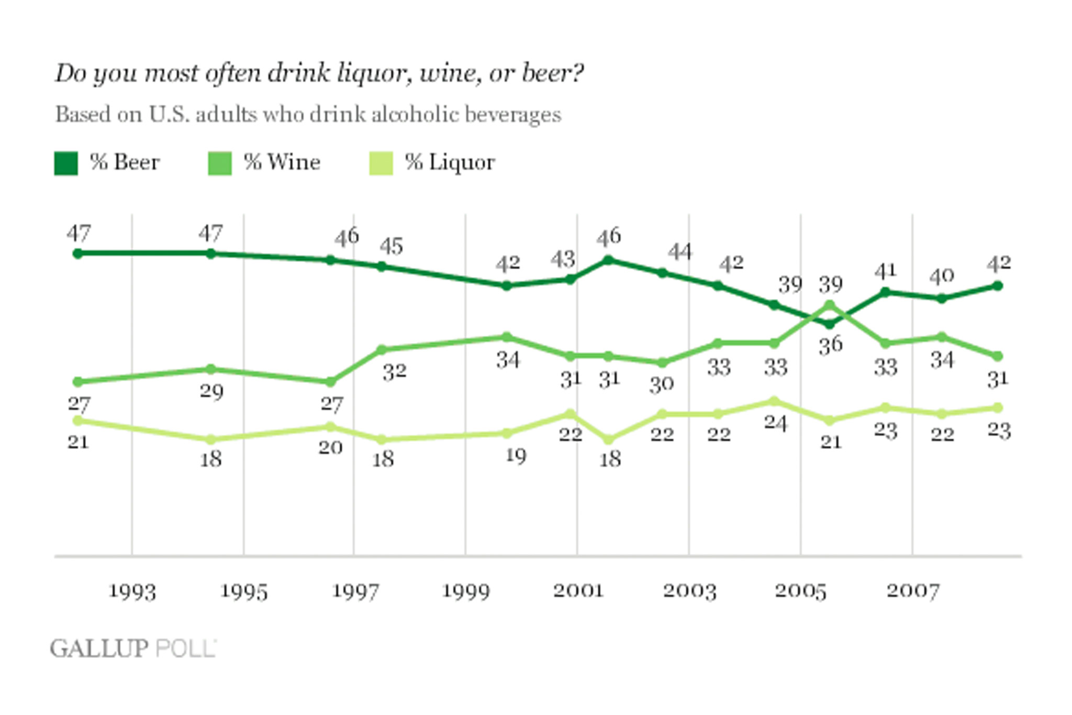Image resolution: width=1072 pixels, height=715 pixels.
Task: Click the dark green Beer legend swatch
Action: tap(66, 163)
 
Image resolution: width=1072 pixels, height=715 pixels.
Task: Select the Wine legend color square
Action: tap(220, 163)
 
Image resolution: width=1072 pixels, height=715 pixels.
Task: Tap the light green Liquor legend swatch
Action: tap(381, 163)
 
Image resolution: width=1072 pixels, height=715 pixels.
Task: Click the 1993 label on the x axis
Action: tap(132, 591)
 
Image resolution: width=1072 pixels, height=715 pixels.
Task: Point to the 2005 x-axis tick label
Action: tap(800, 591)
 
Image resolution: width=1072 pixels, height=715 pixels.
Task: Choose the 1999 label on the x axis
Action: tap(466, 591)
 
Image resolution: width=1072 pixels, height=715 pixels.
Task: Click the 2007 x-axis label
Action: tap(913, 591)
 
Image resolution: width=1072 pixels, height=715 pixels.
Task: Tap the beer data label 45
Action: tap(392, 246)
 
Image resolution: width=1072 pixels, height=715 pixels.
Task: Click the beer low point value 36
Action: tap(831, 345)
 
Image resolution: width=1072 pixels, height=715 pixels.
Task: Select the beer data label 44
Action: tap(680, 252)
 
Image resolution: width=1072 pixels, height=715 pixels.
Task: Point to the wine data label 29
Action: tap(211, 391)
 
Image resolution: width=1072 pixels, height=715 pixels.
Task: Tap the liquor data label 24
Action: tap(775, 423)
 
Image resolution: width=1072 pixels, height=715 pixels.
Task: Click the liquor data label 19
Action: tap(516, 456)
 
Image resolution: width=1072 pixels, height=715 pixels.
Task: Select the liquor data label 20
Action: tap(331, 447)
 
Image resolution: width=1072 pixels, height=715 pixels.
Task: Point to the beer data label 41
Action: tap(886, 271)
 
